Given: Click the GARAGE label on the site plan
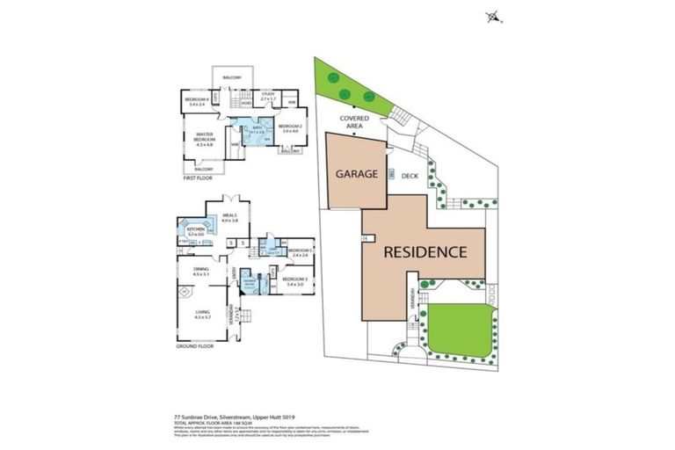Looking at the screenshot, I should pyautogui.click(x=356, y=174).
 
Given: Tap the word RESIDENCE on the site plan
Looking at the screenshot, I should pyautogui.click(x=425, y=251).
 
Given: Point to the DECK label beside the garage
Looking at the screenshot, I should pyautogui.click(x=410, y=175).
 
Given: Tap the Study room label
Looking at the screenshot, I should pyautogui.click(x=269, y=98).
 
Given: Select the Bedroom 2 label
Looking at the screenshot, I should pyautogui.click(x=290, y=128).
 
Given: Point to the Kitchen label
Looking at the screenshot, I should pyautogui.click(x=195, y=231).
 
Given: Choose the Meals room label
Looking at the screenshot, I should pyautogui.click(x=230, y=217).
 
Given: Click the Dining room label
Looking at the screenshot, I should pyautogui.click(x=201, y=272).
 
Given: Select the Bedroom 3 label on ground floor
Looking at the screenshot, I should pyautogui.click(x=293, y=282).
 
